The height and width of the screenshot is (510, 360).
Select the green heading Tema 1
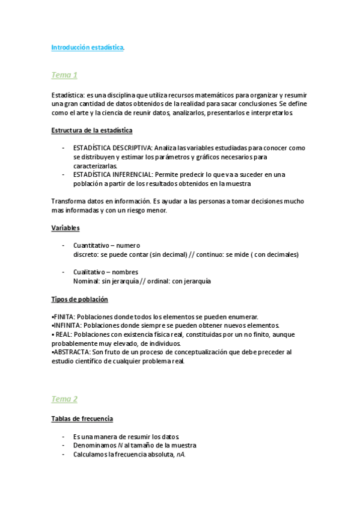64,75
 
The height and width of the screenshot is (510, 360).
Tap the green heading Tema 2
64,399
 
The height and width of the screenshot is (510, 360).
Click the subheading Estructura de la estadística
92,130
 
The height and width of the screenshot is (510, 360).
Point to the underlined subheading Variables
66,228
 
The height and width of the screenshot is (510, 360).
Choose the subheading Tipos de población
79,300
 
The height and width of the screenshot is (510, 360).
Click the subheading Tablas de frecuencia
82,419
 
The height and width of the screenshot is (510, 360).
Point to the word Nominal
86,281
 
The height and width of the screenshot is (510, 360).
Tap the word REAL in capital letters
63,334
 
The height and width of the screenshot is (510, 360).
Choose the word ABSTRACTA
71,352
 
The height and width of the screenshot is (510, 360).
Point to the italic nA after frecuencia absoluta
180,455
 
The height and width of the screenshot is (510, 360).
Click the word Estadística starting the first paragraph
68,94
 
